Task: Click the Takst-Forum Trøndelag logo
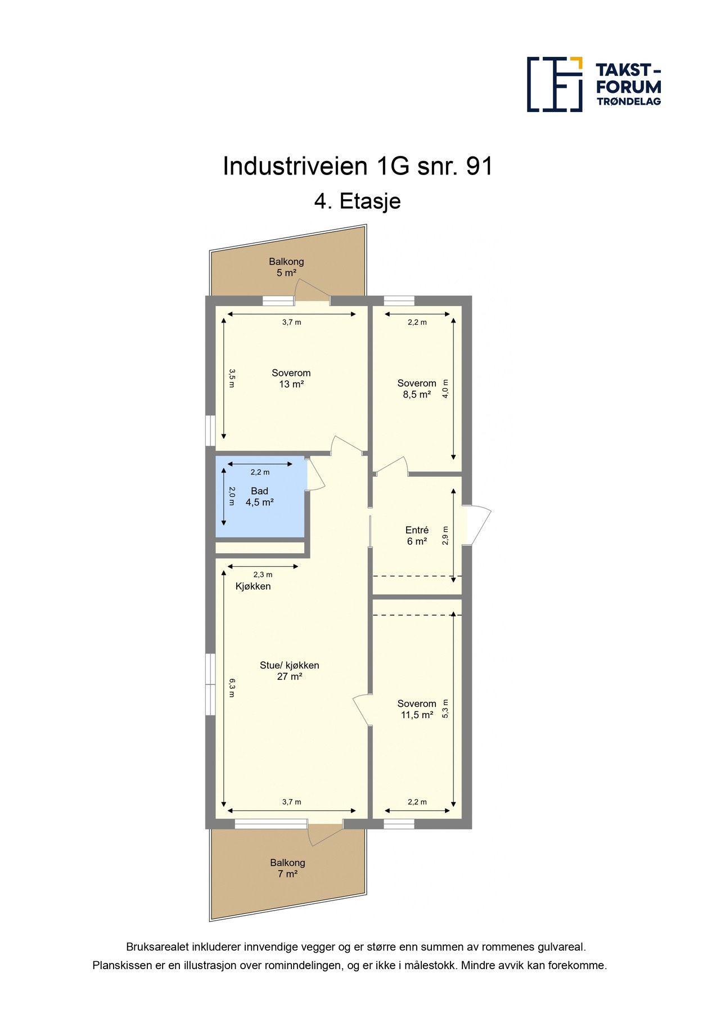[x=593, y=84]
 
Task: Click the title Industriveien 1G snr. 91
[x=358, y=167]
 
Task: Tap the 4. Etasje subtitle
[x=358, y=201]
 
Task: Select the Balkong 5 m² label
[x=286, y=267]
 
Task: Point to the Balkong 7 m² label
[x=287, y=868]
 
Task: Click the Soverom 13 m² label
[x=291, y=378]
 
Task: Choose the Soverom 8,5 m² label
[x=417, y=389]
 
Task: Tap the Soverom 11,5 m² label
[x=417, y=709]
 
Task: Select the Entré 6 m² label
[x=417, y=536]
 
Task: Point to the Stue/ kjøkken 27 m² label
[x=289, y=671]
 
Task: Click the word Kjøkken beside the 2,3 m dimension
[x=253, y=586]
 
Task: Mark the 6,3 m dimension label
[x=232, y=688]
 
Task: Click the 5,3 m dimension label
[x=445, y=708]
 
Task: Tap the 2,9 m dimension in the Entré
[x=445, y=536]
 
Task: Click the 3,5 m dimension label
[x=232, y=378]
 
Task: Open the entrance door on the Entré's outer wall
[x=478, y=525]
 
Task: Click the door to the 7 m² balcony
[x=325, y=833]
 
